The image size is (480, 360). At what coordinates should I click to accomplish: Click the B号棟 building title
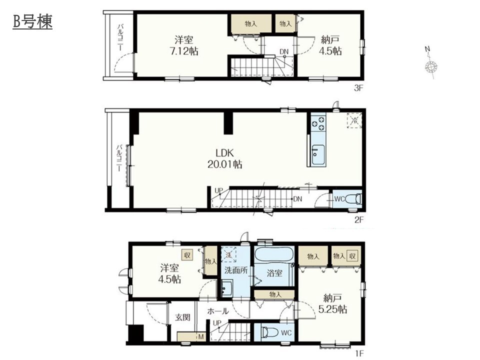[32, 21]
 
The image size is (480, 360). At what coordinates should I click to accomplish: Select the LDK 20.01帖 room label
[224, 158]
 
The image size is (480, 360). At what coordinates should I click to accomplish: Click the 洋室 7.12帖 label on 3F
[183, 45]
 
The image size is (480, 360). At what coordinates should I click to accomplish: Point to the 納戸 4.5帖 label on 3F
[330, 45]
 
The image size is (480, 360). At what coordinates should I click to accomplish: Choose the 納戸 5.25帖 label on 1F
[333, 303]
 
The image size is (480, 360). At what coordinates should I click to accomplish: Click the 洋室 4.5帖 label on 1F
[169, 273]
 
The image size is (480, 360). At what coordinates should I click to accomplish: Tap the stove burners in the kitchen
[318, 123]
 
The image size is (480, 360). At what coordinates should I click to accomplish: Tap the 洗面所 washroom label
[235, 270]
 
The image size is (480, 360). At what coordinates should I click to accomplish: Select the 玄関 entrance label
[183, 317]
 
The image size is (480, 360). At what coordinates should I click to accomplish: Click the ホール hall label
[217, 311]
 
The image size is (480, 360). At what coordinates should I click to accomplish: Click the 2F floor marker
[359, 219]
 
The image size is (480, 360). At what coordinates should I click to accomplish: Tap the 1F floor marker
[360, 354]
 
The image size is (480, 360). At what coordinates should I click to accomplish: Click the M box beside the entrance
[201, 336]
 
